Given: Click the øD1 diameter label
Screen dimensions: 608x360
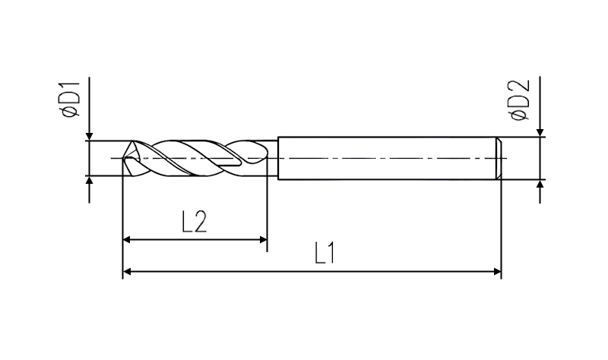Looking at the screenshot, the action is (x=70, y=99).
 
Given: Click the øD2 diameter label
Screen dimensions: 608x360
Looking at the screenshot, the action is (x=520, y=99).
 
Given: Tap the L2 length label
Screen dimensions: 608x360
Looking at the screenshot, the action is (x=195, y=222).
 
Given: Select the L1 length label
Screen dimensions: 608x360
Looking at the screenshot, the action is (x=325, y=253).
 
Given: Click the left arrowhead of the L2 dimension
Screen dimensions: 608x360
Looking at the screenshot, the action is (x=127, y=240).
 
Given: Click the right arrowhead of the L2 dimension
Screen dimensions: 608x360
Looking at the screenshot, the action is (x=263, y=240).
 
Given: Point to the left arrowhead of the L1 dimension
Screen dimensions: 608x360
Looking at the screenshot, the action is (x=127, y=272).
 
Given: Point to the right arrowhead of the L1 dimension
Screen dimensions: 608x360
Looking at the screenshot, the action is (x=497, y=272).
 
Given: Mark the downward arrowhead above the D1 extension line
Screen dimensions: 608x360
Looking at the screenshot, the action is (x=90, y=136).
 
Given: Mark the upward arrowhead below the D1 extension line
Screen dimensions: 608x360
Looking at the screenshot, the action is (x=90, y=180).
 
